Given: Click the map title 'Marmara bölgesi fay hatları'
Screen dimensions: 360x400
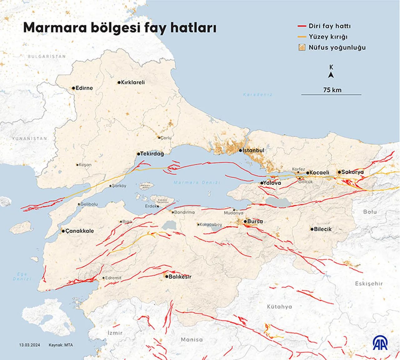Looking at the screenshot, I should click(x=120, y=27).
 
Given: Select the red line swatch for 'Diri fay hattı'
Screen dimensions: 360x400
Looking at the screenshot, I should click(x=302, y=26).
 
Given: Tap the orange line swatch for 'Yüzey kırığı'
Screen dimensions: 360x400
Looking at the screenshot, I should click(x=302, y=37).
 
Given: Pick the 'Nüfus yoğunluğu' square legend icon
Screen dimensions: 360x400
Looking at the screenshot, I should click(x=302, y=47).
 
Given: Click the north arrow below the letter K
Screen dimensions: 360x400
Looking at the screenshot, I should click(x=331, y=75).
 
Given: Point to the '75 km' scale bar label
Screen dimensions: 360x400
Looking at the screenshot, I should click(x=332, y=90).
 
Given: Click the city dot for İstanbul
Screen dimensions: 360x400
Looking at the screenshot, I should click(x=241, y=150).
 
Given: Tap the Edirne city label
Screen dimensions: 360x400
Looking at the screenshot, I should click(x=84, y=88).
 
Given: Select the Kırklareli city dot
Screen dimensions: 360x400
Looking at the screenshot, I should click(x=119, y=83).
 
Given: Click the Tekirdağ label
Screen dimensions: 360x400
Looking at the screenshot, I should click(x=152, y=154).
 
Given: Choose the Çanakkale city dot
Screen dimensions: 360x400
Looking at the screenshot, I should click(x=63, y=231).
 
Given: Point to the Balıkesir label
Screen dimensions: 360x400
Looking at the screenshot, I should click(x=180, y=277).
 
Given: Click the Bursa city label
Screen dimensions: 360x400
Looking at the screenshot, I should click(x=255, y=221).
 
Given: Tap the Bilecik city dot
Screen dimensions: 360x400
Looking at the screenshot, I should click(x=312, y=229).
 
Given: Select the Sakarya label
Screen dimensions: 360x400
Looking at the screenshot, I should click(x=352, y=172).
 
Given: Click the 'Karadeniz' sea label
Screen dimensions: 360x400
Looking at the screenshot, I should click(x=258, y=95).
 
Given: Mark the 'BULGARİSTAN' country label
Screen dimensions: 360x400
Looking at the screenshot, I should click(x=47, y=57).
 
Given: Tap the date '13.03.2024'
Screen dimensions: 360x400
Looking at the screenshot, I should click(x=29, y=345).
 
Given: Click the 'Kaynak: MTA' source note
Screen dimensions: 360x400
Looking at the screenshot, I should click(x=61, y=345).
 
